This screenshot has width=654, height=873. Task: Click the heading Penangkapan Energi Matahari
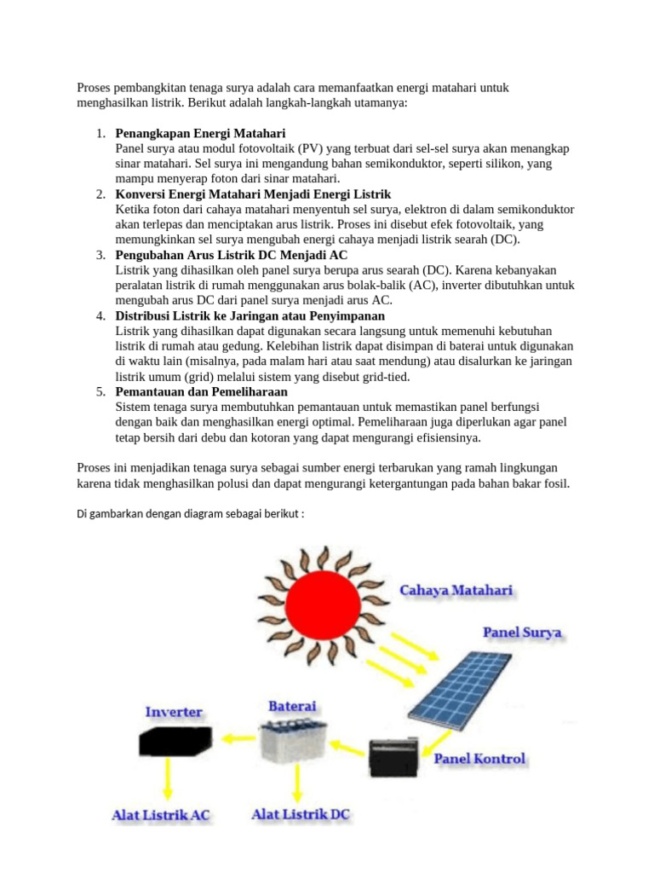pos(200,134)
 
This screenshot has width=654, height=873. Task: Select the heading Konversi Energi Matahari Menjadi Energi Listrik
pos(253,194)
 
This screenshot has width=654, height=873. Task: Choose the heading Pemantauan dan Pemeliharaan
pos(201,392)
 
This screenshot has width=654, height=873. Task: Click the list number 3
pos(100,255)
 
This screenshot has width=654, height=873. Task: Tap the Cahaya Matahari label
pos(456,590)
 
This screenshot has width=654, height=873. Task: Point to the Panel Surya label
pos(522,633)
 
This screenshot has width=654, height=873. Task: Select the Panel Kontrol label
pos(479,758)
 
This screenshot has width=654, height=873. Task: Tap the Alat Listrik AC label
pos(161,815)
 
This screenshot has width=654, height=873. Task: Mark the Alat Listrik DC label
pos(301,814)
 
